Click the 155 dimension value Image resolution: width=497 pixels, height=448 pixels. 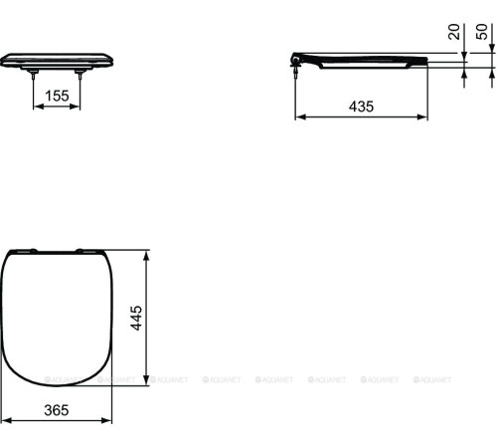coord(57,96)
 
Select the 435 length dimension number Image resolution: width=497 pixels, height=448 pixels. coord(361,107)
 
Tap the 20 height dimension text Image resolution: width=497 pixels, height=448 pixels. coord(454,33)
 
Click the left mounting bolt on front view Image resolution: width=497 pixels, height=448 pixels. coord(35,72)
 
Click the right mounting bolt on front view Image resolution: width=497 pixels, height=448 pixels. coord(80,72)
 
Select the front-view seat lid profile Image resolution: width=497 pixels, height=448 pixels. coord(57,59)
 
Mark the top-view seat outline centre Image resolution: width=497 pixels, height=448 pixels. coord(57,317)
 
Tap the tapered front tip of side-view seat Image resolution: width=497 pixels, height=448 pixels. coord(425,61)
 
